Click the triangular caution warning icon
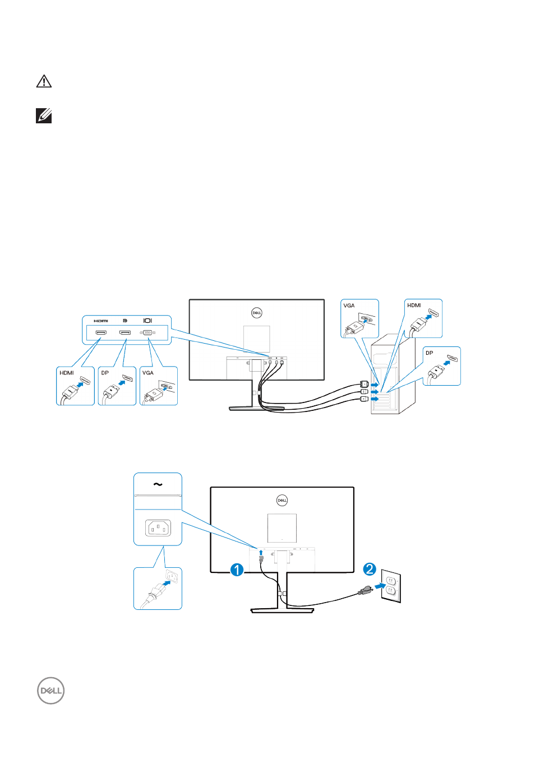click(x=44, y=82)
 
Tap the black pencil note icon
click(x=44, y=116)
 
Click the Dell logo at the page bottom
click(x=51, y=691)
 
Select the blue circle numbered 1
click(x=237, y=570)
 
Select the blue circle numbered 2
click(x=369, y=570)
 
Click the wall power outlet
click(x=391, y=586)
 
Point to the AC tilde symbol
click(x=158, y=484)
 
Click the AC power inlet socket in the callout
click(x=158, y=528)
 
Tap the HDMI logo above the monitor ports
click(x=101, y=321)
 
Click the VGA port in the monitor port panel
click(x=147, y=332)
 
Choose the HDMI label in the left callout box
click(x=67, y=373)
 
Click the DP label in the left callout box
click(x=105, y=373)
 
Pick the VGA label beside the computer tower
click(x=349, y=306)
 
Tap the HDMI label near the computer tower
click(x=414, y=306)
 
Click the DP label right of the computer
click(x=429, y=353)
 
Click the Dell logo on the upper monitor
click(x=256, y=313)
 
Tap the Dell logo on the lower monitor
click(x=282, y=500)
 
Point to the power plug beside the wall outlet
click(x=366, y=590)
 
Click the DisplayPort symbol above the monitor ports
click(x=125, y=321)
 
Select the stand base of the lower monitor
click(x=282, y=610)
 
